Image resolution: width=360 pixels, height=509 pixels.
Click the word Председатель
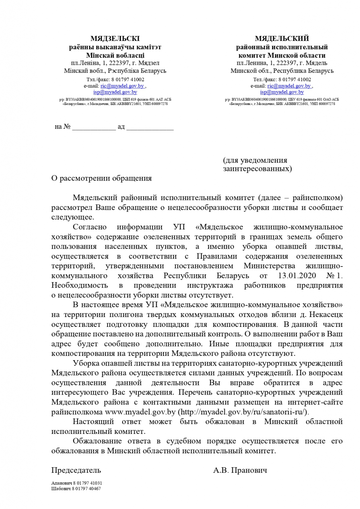point(76,470)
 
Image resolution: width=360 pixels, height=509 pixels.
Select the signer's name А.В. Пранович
point(240,470)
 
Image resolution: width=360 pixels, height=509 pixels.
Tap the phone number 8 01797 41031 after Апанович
point(85,483)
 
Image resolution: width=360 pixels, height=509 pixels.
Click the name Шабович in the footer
point(60,489)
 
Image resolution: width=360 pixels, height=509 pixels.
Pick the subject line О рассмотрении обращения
point(101,178)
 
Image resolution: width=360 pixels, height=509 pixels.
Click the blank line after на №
point(94,127)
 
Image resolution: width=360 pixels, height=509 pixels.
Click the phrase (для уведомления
point(255,160)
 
